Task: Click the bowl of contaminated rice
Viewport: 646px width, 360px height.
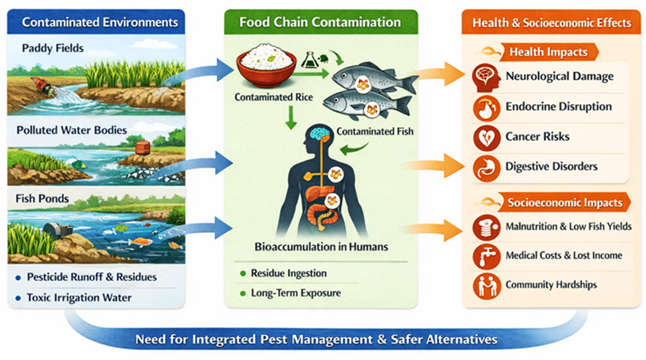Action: coord(267,66)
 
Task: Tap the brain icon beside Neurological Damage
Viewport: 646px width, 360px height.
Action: coord(486,77)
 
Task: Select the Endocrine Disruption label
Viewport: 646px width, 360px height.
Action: coord(558,107)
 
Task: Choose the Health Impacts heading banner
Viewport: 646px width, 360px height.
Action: coord(548,52)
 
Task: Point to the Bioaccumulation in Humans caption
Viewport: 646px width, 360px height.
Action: coord(322,246)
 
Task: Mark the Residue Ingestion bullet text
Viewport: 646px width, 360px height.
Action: coord(289,273)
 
